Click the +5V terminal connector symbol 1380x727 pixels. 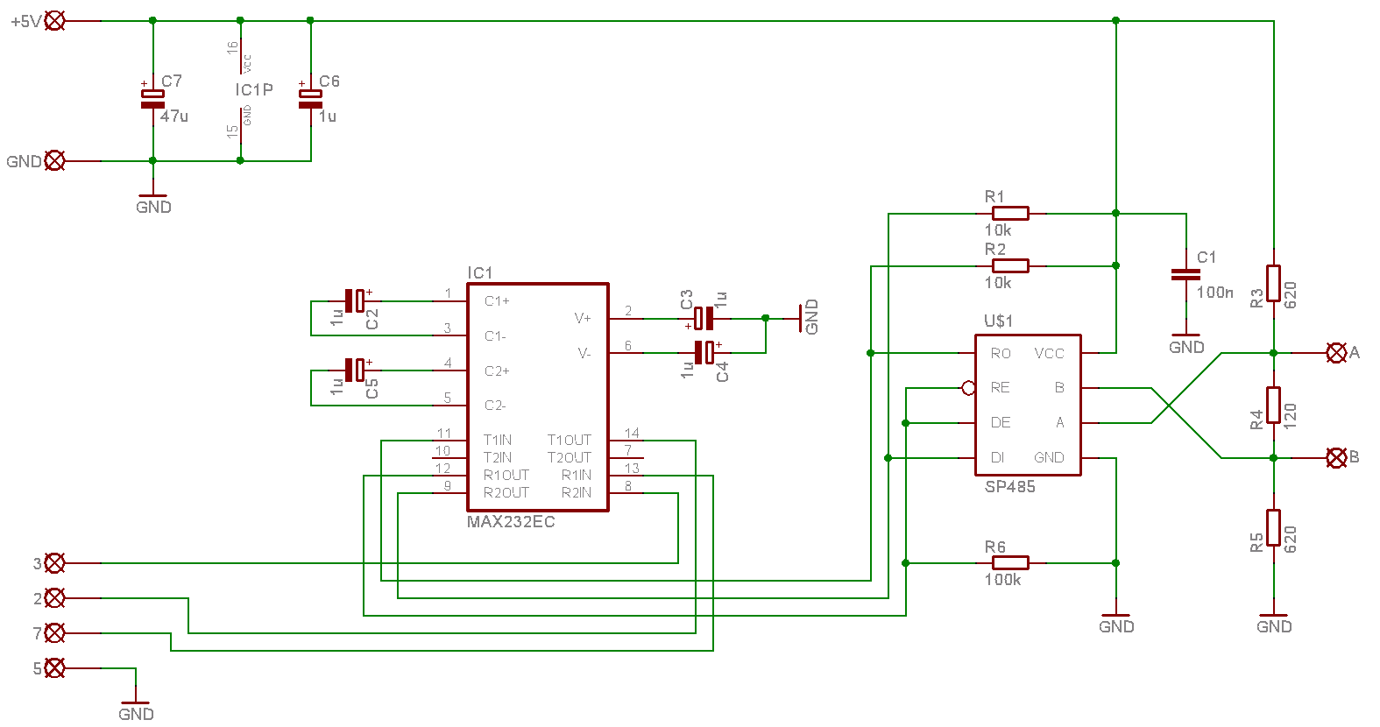coord(54,20)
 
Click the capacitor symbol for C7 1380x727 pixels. coord(152,99)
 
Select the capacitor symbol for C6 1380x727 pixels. coord(310,99)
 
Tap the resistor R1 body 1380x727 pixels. coord(1010,213)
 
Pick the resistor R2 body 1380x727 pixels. coord(1010,265)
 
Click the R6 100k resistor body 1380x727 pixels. coord(1010,563)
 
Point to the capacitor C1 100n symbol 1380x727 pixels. coord(1185,275)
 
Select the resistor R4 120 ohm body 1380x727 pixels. coord(1273,405)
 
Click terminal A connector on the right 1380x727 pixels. coord(1336,353)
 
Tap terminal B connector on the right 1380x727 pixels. coord(1336,457)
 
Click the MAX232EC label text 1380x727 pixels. coord(511,522)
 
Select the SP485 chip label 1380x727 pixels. coord(1009,487)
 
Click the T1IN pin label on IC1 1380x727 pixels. coord(498,440)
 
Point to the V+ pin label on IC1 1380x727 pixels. coord(583,318)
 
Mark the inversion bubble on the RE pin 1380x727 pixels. coord(969,388)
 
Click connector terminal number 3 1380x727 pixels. coord(54,563)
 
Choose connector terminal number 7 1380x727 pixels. coord(54,632)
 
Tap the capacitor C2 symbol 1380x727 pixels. coord(354,301)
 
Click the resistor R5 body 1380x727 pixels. coord(1273,527)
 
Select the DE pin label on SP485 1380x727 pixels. coord(1001,422)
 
